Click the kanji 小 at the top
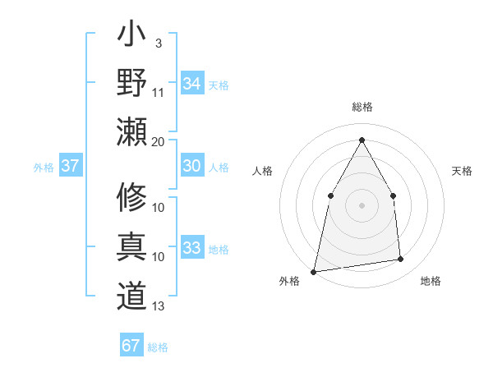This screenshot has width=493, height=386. pyautogui.click(x=132, y=38)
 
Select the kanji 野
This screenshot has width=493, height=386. pyautogui.click(x=132, y=83)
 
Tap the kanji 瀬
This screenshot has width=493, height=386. pyautogui.click(x=132, y=131)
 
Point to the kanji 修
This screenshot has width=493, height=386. pyautogui.click(x=132, y=197)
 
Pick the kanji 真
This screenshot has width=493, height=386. pyautogui.click(x=132, y=247)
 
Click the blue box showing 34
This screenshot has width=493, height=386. pyautogui.click(x=191, y=83)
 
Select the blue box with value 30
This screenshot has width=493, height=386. pyautogui.click(x=191, y=166)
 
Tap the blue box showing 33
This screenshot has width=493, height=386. pyautogui.click(x=191, y=248)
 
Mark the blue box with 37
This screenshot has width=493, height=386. pyautogui.click(x=71, y=166)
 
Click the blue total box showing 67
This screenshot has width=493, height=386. pyautogui.click(x=131, y=346)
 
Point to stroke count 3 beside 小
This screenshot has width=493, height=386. pyautogui.click(x=158, y=42)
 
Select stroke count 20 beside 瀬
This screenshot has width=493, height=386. pyautogui.click(x=159, y=141)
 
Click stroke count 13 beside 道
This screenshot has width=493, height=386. pyautogui.click(x=159, y=306)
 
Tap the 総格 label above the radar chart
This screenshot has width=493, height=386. pyautogui.click(x=362, y=107)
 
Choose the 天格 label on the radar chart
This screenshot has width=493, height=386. pyautogui.click(x=462, y=171)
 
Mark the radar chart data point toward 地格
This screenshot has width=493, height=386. pyautogui.click(x=400, y=260)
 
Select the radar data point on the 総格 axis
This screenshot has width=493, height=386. pyautogui.click(x=362, y=139)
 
